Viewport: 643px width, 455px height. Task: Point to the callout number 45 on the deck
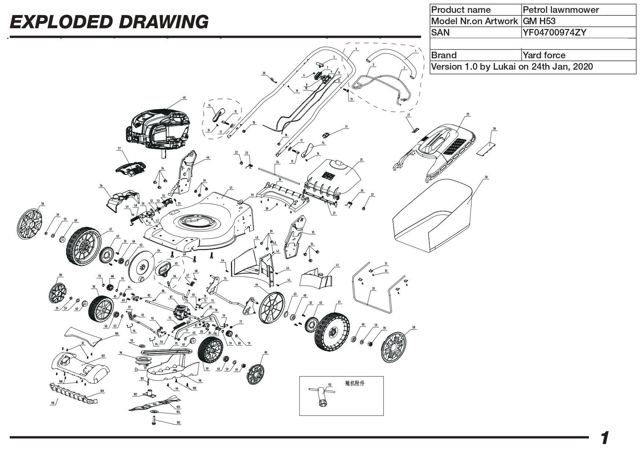(x=231, y=188)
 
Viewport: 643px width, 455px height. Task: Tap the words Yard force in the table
(x=544, y=55)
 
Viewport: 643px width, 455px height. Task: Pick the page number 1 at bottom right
(x=605, y=438)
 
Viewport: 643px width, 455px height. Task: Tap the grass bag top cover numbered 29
(x=436, y=147)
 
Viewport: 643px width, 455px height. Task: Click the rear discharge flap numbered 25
(x=334, y=174)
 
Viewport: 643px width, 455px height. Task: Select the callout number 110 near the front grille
(x=52, y=403)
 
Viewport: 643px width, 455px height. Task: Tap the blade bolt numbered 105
(x=154, y=423)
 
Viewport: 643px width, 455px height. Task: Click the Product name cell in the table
(x=475, y=10)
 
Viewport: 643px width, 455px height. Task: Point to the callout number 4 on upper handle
(x=356, y=49)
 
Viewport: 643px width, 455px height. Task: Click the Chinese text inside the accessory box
(x=355, y=384)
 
